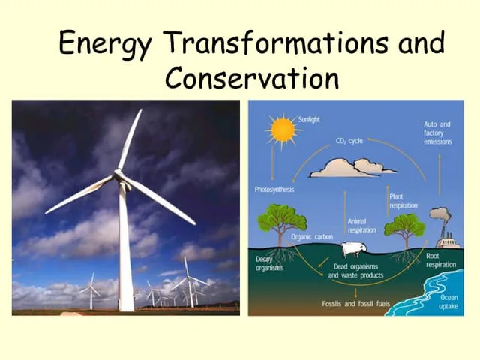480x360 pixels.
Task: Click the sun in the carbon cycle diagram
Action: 283,129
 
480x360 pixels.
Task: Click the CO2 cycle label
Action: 349,140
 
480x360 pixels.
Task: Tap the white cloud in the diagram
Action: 354,167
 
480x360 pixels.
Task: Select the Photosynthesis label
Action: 274,190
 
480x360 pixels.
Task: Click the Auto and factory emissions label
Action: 437,133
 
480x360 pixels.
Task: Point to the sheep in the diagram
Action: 352,250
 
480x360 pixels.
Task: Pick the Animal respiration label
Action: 362,226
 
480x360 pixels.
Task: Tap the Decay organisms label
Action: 269,264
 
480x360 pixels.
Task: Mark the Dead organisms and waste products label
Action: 355,271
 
